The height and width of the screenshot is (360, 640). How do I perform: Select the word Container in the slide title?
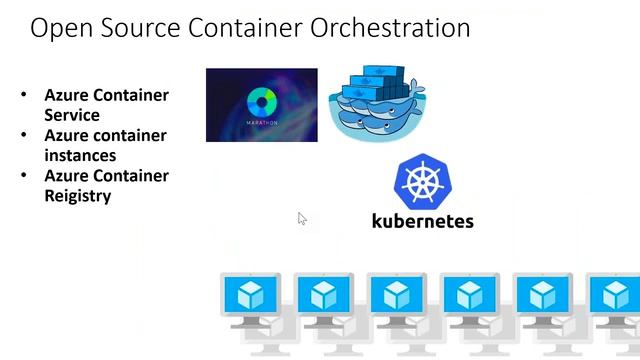click(x=248, y=28)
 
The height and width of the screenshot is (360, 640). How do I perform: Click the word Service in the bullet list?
click(x=72, y=115)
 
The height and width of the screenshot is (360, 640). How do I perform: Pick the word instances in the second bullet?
click(x=80, y=155)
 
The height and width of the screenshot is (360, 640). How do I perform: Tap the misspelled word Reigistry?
click(x=77, y=196)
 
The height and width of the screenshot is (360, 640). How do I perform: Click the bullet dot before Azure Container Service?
click(x=25, y=96)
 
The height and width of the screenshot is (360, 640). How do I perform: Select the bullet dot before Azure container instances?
click(x=25, y=136)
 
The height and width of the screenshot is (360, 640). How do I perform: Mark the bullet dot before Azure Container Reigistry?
click(x=25, y=176)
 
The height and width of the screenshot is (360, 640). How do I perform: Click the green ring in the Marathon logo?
click(x=261, y=101)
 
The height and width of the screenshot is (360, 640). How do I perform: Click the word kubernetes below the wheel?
click(x=422, y=220)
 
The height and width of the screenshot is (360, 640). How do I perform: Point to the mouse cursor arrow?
click(x=301, y=218)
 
